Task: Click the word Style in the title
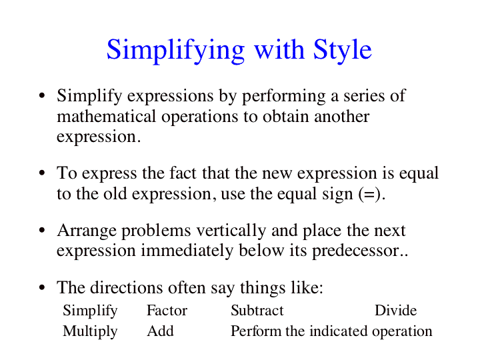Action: click(x=342, y=51)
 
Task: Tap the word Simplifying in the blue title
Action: click(x=175, y=51)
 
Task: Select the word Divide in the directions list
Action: click(x=395, y=311)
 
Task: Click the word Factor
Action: click(x=167, y=311)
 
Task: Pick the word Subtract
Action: click(x=257, y=311)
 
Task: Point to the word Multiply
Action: click(x=90, y=332)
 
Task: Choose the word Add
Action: click(x=160, y=331)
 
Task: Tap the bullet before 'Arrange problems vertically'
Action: click(x=42, y=230)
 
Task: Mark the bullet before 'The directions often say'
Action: click(x=42, y=287)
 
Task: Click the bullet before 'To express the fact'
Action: click(x=42, y=173)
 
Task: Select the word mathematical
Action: click(x=106, y=116)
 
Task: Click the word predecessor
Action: click(x=356, y=251)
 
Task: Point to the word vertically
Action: click(x=231, y=231)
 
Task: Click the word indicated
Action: click(x=338, y=331)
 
